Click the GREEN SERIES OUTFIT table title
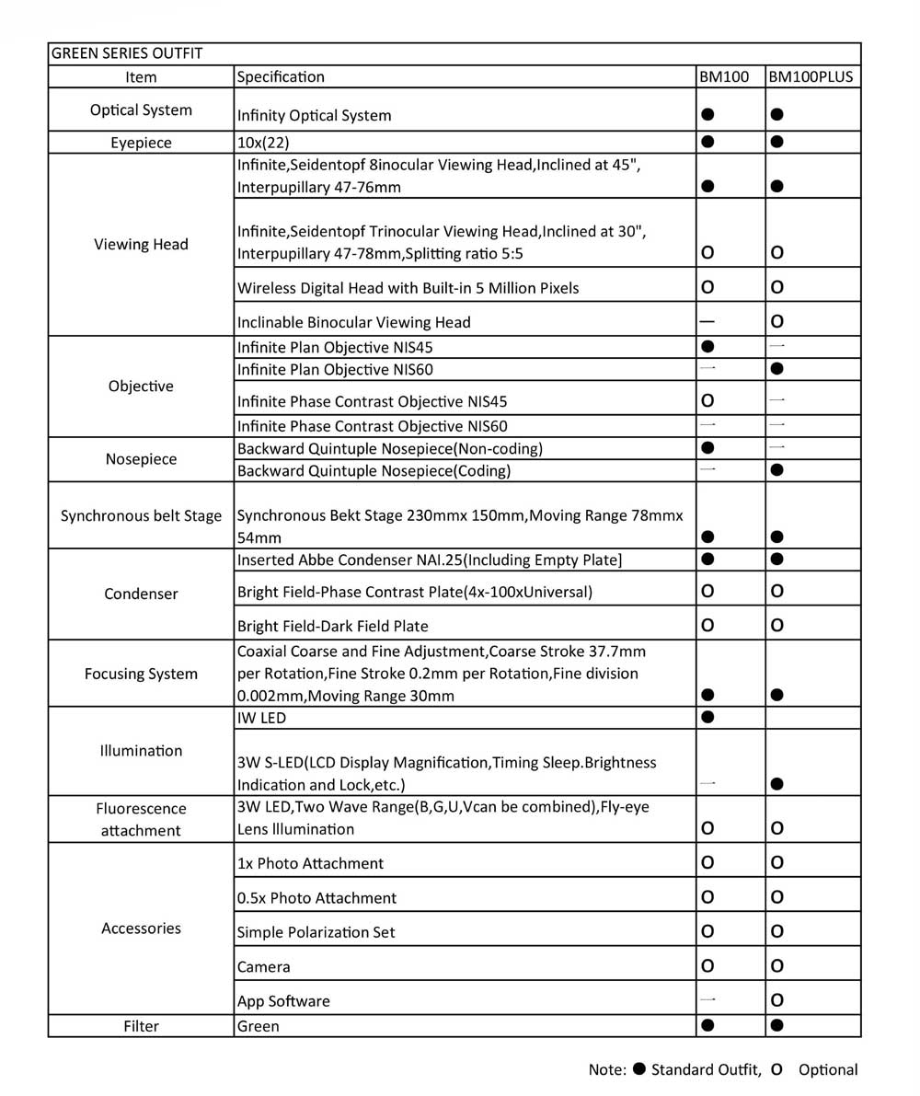(127, 53)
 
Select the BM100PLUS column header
(811, 77)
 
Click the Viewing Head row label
(141, 244)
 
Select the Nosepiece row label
(141, 459)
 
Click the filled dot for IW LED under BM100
(707, 717)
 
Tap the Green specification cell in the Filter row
(259, 1025)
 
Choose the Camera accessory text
(263, 966)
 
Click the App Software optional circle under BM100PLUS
(777, 999)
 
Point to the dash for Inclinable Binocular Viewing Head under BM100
(707, 322)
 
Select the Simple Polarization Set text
(316, 932)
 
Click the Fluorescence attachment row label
(141, 819)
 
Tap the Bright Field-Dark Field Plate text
(332, 626)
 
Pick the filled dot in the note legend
(639, 1069)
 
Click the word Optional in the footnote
(828, 1069)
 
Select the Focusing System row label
(141, 674)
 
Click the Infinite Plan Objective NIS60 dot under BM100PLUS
(777, 369)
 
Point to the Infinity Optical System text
(314, 116)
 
